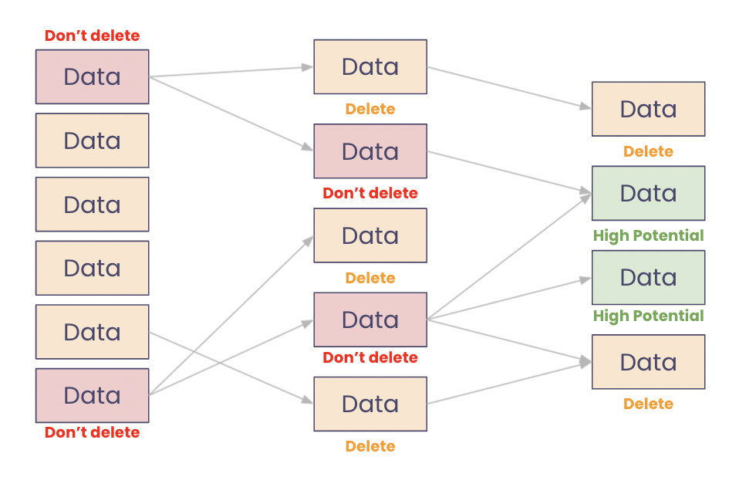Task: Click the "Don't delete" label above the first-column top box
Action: (92, 36)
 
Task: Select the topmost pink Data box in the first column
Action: (92, 77)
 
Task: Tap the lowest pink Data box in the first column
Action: (92, 395)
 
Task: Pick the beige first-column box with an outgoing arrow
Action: (92, 332)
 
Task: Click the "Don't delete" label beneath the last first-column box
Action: (92, 433)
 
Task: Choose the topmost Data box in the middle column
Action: (369, 67)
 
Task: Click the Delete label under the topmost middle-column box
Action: (369, 110)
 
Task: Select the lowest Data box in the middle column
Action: (369, 404)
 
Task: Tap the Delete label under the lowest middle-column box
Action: (369, 446)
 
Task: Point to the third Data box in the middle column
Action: (369, 235)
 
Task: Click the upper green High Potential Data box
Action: (648, 193)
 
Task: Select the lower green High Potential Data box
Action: (648, 277)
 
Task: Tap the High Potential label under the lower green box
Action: (648, 316)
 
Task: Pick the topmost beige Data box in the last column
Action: (648, 109)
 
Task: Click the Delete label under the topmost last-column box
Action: (648, 151)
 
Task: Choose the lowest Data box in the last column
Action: (648, 362)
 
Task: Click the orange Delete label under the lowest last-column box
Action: (648, 404)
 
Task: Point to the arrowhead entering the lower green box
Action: (586, 279)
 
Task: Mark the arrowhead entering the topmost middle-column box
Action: (308, 68)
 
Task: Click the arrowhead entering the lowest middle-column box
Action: (308, 401)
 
